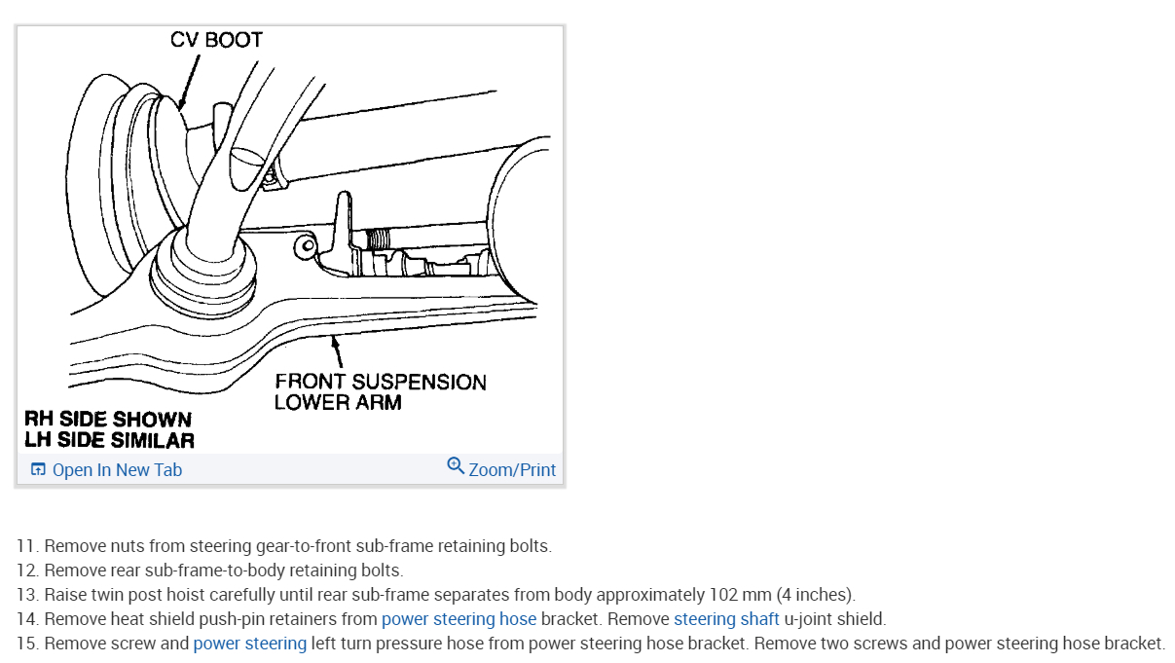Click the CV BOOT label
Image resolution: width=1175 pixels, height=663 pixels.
216,40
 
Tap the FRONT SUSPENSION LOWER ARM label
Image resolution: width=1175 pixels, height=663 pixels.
380,391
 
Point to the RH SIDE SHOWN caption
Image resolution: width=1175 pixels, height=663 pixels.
108,419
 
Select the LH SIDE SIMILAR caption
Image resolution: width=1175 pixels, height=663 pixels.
109,440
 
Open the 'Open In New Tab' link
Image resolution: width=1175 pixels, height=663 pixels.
117,470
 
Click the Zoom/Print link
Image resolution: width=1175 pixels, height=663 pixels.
512,470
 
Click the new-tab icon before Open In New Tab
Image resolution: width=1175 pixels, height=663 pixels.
38,470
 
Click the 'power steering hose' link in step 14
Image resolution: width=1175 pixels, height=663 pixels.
459,619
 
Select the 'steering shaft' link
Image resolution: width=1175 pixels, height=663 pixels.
726,619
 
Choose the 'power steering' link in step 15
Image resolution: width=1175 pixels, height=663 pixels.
250,644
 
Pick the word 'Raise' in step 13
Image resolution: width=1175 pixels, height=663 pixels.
64,595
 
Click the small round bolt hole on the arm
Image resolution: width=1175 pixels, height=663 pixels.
308,245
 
